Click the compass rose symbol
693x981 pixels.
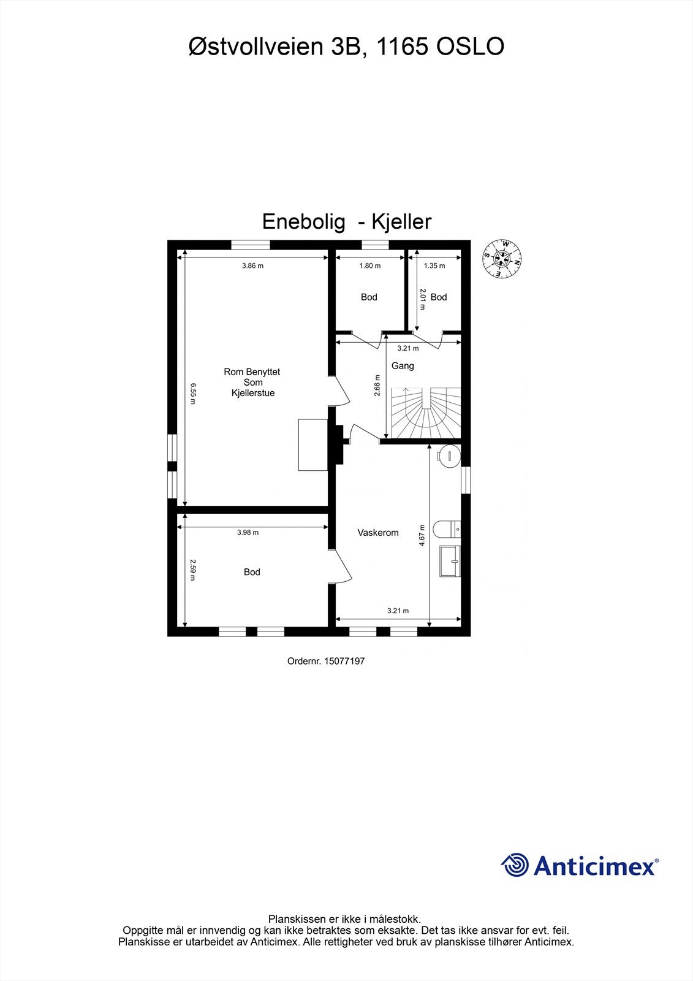pyautogui.click(x=502, y=258)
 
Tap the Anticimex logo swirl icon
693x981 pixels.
pyautogui.click(x=515, y=866)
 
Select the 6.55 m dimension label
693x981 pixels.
pyautogui.click(x=192, y=394)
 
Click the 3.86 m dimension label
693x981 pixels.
pyautogui.click(x=252, y=265)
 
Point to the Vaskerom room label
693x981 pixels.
pyautogui.click(x=378, y=533)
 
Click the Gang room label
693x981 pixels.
pyautogui.click(x=403, y=366)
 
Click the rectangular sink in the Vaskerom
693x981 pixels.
pyautogui.click(x=450, y=561)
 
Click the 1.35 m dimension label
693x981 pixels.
pyautogui.click(x=434, y=265)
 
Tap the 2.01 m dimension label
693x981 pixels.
pyautogui.click(x=423, y=299)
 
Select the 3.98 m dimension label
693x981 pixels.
pyautogui.click(x=248, y=533)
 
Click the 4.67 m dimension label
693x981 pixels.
pyautogui.click(x=422, y=535)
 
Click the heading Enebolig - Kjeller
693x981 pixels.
pyautogui.click(x=347, y=221)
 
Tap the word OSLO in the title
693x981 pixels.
pyautogui.click(x=470, y=47)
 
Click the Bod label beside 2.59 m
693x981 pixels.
pyautogui.click(x=252, y=572)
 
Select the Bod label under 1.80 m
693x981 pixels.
pyautogui.click(x=369, y=297)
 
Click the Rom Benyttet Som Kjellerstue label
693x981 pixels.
pyautogui.click(x=252, y=382)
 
